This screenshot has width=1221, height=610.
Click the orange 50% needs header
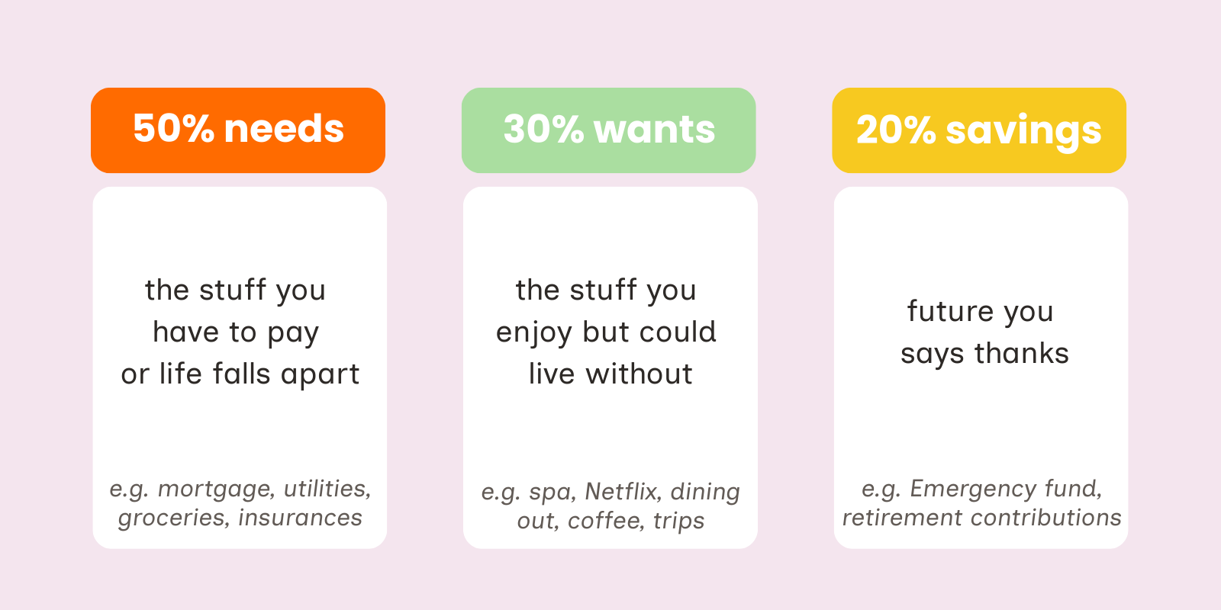click(x=238, y=130)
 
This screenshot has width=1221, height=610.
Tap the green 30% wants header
click(x=609, y=130)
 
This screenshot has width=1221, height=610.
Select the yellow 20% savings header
click(x=980, y=130)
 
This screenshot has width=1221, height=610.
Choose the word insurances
click(x=301, y=518)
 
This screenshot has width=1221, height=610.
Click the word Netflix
click(x=623, y=491)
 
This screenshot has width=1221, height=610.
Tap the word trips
click(x=678, y=522)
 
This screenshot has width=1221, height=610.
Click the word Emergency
click(x=973, y=490)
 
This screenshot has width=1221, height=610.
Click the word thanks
click(x=1022, y=353)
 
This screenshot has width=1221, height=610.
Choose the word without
click(x=639, y=374)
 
